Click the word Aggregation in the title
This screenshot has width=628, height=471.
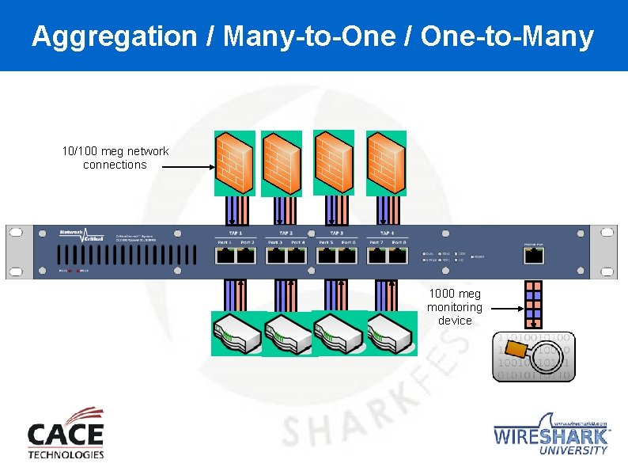pos(114,36)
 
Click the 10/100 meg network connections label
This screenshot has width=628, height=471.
pos(115,158)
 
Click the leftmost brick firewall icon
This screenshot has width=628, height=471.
pos(235,163)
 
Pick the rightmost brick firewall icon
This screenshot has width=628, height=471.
pos(387,163)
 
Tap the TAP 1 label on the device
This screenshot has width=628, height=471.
pos(235,234)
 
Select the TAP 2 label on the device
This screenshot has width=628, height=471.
pos(286,234)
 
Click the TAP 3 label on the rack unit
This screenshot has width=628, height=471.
pos(336,234)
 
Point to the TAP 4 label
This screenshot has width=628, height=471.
pos(387,234)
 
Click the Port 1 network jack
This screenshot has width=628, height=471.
pos(225,255)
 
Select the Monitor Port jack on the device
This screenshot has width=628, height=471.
pos(533,256)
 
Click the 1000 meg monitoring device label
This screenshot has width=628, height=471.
pos(454,307)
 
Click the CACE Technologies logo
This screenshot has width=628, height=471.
pos(66,433)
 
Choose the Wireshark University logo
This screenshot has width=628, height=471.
pos(551,434)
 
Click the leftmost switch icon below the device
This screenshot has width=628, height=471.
pos(235,334)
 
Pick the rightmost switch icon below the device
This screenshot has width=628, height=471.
pos(391,334)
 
